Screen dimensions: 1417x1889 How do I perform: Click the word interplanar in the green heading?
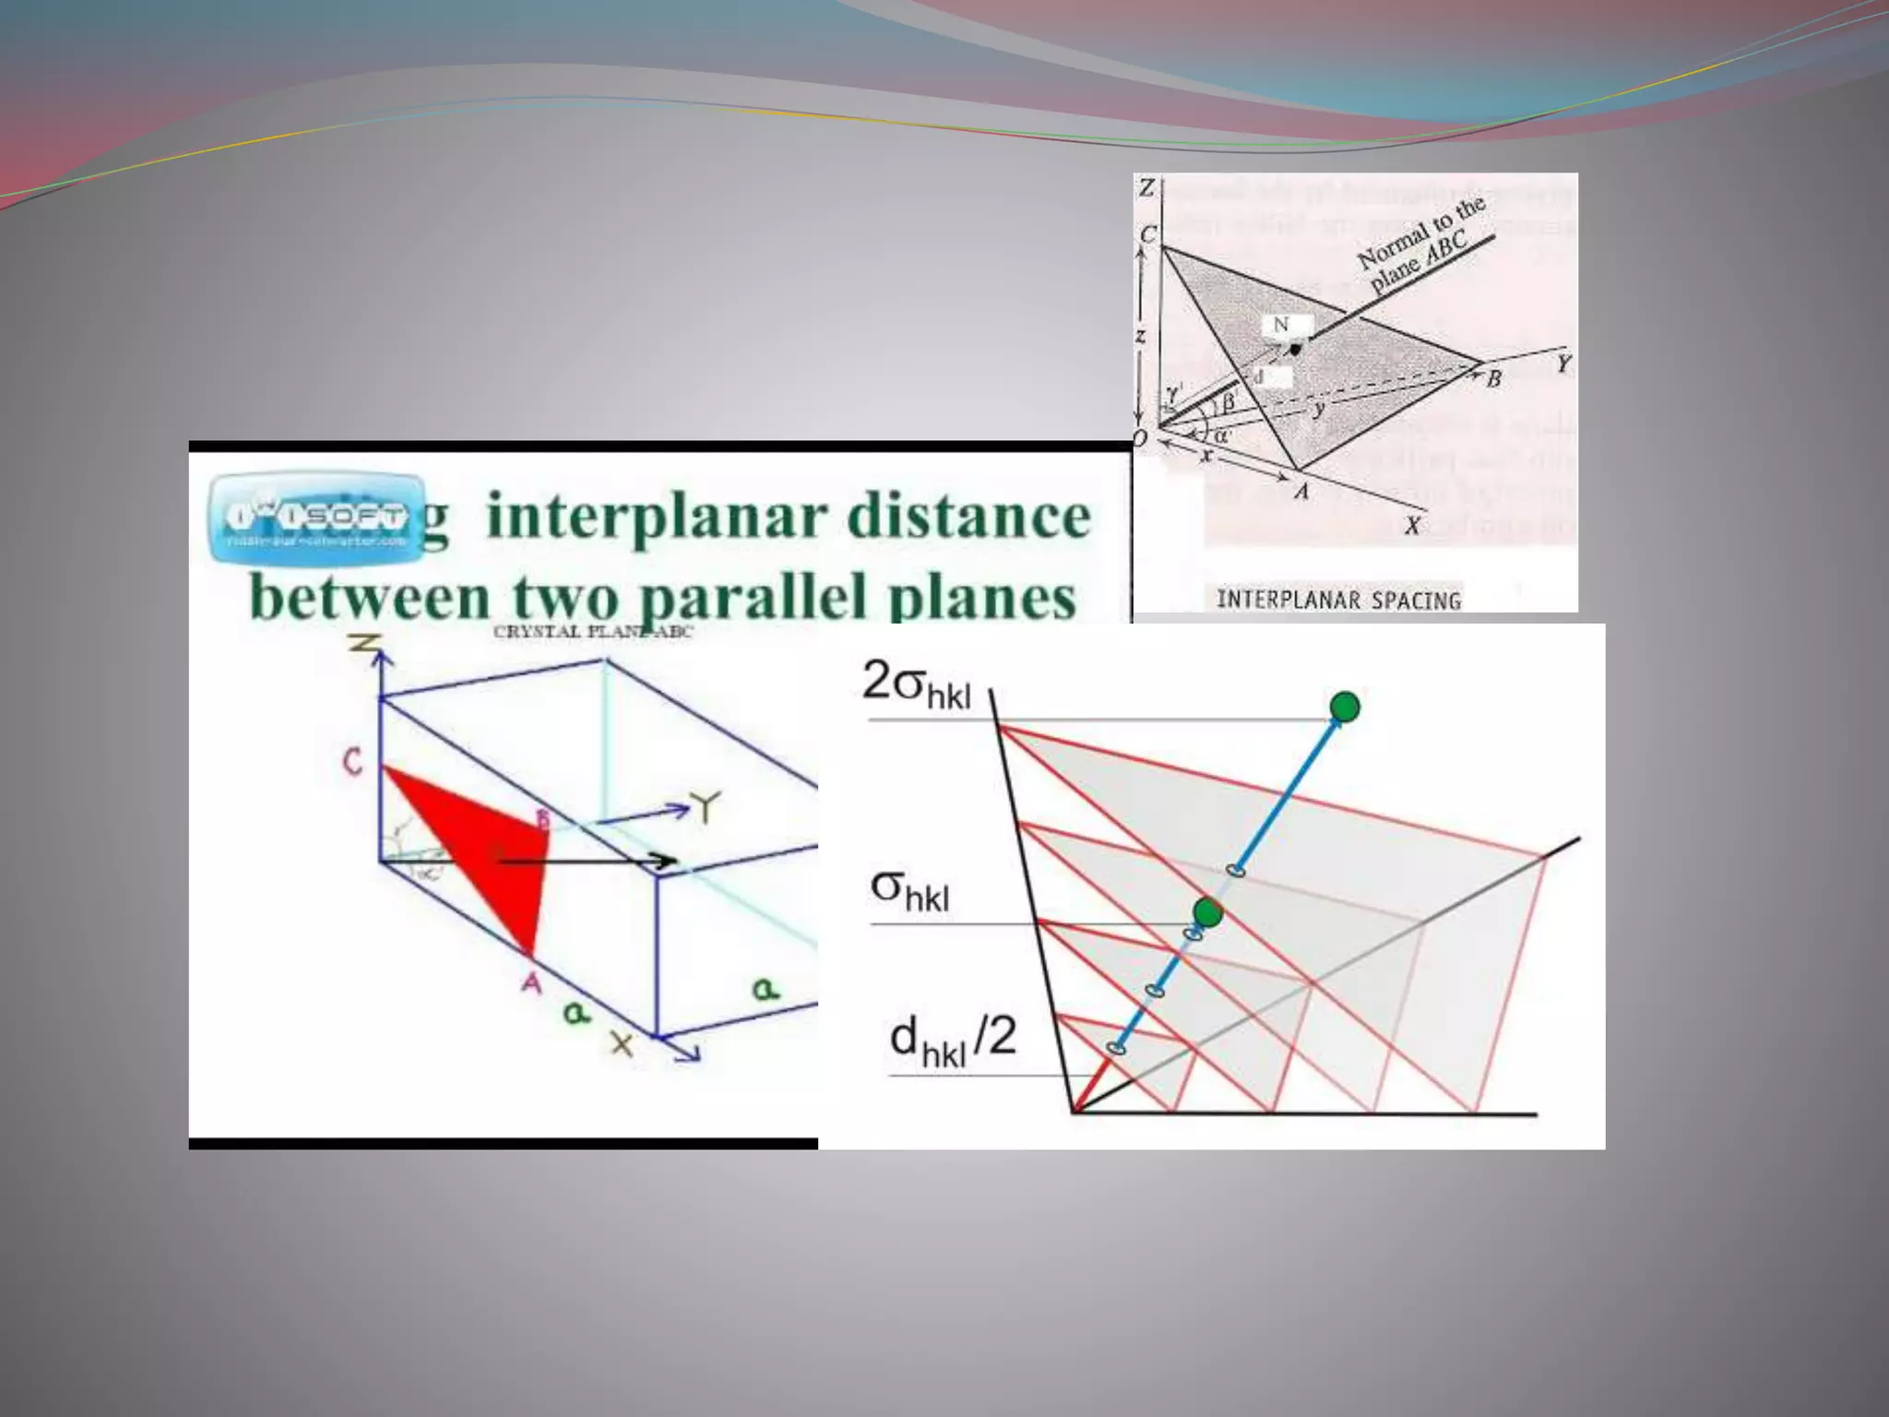point(656,518)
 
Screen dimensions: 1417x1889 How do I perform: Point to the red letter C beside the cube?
point(352,762)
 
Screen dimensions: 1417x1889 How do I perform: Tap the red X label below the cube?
point(624,1044)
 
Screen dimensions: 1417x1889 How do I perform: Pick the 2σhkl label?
point(916,687)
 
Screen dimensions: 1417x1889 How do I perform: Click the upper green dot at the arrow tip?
point(1345,707)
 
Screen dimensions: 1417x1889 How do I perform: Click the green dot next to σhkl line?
point(1207,913)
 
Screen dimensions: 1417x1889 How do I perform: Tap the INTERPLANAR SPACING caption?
point(1338,601)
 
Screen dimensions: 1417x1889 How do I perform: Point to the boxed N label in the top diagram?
point(1281,325)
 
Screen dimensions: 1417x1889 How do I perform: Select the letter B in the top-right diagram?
point(1493,378)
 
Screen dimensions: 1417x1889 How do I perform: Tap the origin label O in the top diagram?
point(1141,438)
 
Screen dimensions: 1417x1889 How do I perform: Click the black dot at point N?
point(1296,350)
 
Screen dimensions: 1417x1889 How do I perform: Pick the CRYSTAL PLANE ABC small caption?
point(593,632)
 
